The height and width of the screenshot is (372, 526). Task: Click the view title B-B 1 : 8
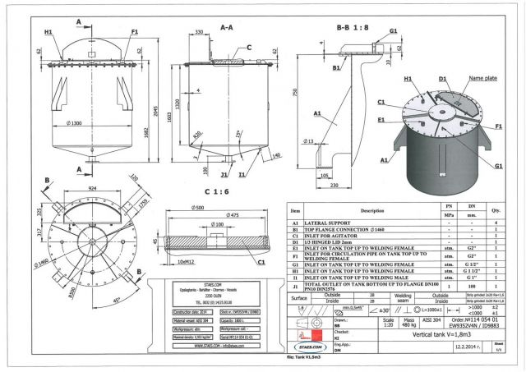click(355, 27)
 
